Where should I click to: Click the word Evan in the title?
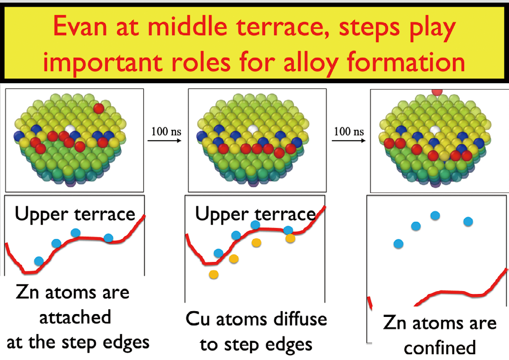[x=80, y=26]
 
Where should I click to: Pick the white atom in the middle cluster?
[x=252, y=129]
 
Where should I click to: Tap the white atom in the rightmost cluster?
[x=435, y=131]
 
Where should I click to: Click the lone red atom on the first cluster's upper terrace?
[x=99, y=108]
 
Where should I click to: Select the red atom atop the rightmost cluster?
[x=437, y=92]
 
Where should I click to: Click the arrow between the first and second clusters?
[x=164, y=141]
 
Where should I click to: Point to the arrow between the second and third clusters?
[x=349, y=141]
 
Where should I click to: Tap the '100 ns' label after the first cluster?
[x=166, y=132]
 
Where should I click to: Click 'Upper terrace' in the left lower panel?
[x=75, y=214]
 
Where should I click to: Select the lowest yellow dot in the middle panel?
[x=214, y=275]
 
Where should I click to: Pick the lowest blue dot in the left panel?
[x=39, y=260]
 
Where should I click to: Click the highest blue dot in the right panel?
[x=435, y=215]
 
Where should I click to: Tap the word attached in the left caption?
[x=75, y=317]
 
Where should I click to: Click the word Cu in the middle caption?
[x=198, y=319]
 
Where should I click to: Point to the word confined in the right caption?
[x=440, y=348]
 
